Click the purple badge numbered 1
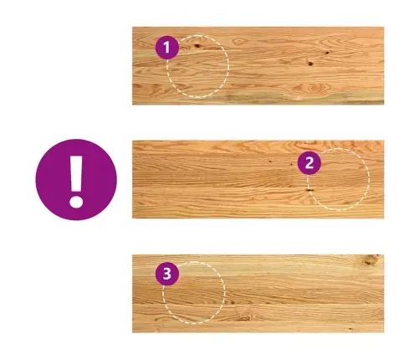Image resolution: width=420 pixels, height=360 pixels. coord(167,48)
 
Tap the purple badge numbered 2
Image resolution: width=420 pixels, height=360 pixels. coord(310,163)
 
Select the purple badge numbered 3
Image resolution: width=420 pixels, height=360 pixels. coord(167,274)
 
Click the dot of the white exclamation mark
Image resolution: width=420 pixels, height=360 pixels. coord(76,201)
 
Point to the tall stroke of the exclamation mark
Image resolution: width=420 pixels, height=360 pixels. coord(76,173)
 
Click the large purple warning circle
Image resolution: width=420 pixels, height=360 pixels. coord(76,180)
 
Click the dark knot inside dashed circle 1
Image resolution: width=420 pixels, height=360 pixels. coord(197,45)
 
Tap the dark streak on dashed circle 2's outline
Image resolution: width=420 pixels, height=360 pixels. coord(310,190)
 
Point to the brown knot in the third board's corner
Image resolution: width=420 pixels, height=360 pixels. coord(371,260)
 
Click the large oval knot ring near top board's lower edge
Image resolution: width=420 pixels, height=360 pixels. coord(311,88)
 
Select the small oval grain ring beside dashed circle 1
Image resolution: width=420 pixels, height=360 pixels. coord(238,42)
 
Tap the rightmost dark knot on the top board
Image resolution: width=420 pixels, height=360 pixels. coord(327,53)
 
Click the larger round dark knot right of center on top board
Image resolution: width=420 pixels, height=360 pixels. coord(310,64)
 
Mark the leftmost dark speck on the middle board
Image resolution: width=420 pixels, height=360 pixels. coord(270,160)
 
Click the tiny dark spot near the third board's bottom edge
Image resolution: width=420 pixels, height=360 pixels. coord(351,329)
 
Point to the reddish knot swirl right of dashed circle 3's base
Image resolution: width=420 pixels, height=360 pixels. coord(245,317)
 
